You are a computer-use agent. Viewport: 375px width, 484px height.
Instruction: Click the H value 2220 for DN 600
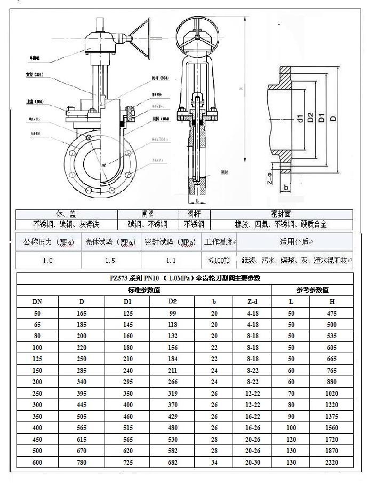click(x=331, y=463)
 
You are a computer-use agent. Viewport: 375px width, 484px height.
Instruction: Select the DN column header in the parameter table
click(x=37, y=301)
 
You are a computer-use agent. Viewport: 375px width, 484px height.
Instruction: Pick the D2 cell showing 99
click(x=172, y=313)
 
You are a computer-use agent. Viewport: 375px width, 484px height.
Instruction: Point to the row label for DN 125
click(x=37, y=359)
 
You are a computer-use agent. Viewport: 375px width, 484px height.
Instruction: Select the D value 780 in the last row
click(x=81, y=463)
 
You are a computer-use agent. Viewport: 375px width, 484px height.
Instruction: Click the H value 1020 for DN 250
click(x=331, y=393)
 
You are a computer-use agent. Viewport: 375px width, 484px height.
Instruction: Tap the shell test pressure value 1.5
click(x=110, y=260)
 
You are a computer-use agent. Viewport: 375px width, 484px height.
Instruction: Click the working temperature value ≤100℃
click(x=219, y=260)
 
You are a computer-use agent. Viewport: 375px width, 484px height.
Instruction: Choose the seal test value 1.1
click(x=171, y=260)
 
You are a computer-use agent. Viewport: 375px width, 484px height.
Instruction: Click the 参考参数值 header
click(x=312, y=290)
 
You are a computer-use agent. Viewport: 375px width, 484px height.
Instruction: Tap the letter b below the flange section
click(x=286, y=188)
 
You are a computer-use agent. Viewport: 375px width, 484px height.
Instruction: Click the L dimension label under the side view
click(x=197, y=200)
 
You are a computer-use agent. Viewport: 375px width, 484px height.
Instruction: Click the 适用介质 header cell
click(x=294, y=242)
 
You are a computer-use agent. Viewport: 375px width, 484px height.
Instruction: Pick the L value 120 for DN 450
click(x=291, y=439)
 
